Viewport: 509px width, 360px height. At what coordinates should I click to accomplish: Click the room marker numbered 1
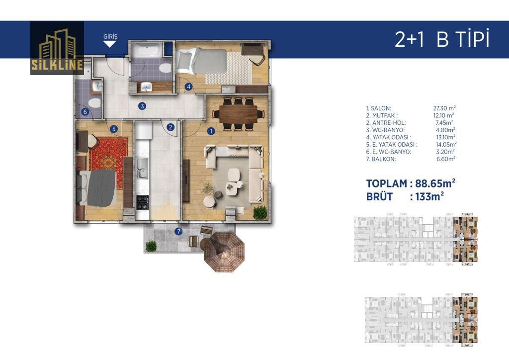[211, 131]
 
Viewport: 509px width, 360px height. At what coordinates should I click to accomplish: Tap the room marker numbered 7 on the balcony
[178, 231]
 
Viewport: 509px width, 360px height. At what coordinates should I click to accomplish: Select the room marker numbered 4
[188, 87]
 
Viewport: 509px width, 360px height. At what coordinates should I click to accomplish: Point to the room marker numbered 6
[85, 112]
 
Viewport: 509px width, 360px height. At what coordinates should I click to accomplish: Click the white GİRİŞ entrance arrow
[110, 44]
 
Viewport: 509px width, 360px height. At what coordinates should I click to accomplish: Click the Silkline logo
[57, 48]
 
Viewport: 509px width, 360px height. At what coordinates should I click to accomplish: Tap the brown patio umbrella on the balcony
[224, 252]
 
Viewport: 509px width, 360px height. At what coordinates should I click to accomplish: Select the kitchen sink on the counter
[142, 168]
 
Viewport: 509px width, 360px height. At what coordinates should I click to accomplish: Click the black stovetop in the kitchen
[142, 202]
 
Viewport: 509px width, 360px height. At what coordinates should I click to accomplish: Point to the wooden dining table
[238, 114]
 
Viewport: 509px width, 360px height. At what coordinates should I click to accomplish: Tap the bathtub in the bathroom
[147, 51]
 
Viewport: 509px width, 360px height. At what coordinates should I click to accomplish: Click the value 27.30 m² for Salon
[444, 108]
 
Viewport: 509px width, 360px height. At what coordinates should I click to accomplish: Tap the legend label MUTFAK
[385, 115]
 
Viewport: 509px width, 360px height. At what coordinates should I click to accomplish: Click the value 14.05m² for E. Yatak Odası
[446, 145]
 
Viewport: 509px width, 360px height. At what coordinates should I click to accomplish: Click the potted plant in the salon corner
[260, 213]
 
